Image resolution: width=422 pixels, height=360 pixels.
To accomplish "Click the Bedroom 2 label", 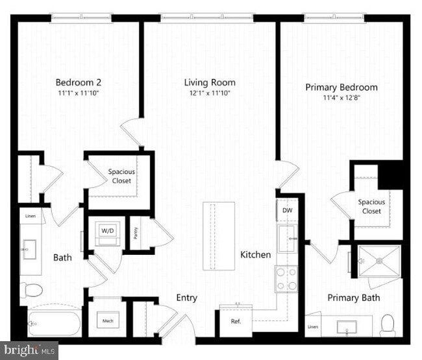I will coord(78,82).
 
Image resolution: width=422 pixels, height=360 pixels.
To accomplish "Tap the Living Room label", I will coord(209,82).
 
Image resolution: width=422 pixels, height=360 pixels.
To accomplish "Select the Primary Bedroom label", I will coord(341,87).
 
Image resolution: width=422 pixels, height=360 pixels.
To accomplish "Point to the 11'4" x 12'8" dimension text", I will coord(341,99).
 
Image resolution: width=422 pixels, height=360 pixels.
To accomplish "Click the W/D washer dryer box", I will coord(105,231).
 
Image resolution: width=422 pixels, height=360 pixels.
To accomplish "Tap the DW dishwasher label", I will coord(286,211).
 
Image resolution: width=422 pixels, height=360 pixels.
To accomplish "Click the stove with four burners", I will coord(286,279).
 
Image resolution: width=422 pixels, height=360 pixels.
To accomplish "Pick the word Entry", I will coord(187,298).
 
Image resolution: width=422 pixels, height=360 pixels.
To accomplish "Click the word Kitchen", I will coord(255,254).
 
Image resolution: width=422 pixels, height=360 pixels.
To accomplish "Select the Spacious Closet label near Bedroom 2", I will coord(121,176).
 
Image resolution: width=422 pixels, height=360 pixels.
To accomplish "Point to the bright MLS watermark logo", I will coord(29,350).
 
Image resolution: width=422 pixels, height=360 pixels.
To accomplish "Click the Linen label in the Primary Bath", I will coord(313,326).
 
